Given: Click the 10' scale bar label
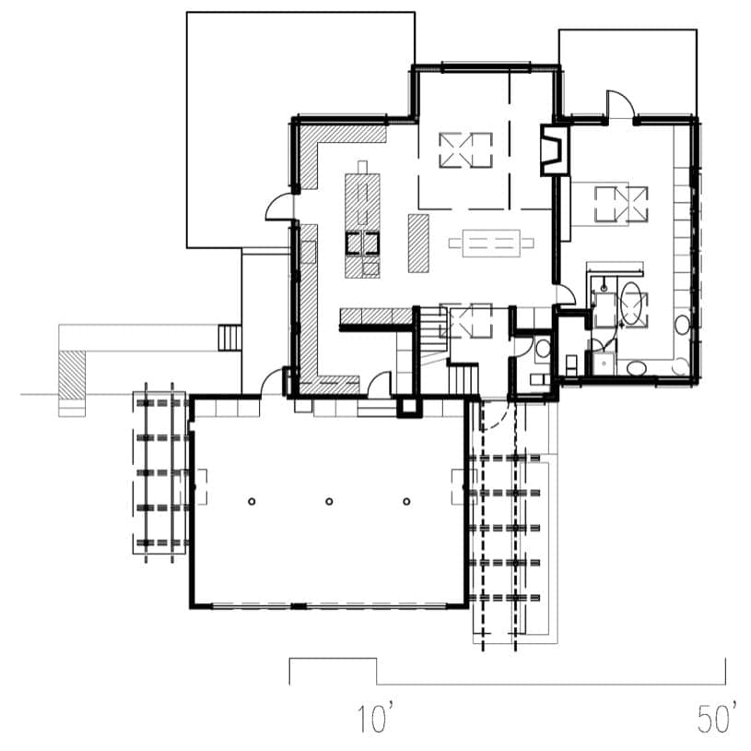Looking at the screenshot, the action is pyautogui.click(x=377, y=718).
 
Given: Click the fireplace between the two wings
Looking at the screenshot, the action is pyautogui.click(x=555, y=150).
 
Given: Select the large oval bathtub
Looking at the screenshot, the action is pyautogui.click(x=632, y=304).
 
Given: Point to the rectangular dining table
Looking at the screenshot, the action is pyautogui.click(x=491, y=244).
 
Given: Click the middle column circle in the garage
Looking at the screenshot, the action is pyautogui.click(x=329, y=502).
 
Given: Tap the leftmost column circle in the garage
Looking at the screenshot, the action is pyautogui.click(x=252, y=502).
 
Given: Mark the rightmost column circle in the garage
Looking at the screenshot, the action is pyautogui.click(x=406, y=502).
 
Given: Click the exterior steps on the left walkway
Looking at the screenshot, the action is pyautogui.click(x=228, y=338).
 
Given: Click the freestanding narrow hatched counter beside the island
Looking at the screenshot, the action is pyautogui.click(x=418, y=244).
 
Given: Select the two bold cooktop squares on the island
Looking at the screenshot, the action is pyautogui.click(x=362, y=243).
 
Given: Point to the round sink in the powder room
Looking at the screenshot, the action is pyautogui.click(x=543, y=349).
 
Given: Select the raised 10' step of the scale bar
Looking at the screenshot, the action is pyautogui.click(x=333, y=660).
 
